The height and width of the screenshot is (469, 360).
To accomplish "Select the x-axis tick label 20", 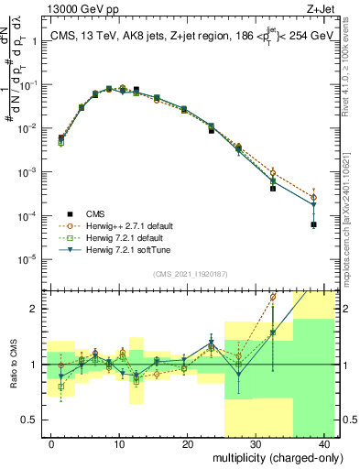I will pos(188,442).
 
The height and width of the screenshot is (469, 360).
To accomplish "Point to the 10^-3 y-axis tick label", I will pos(27,172).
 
